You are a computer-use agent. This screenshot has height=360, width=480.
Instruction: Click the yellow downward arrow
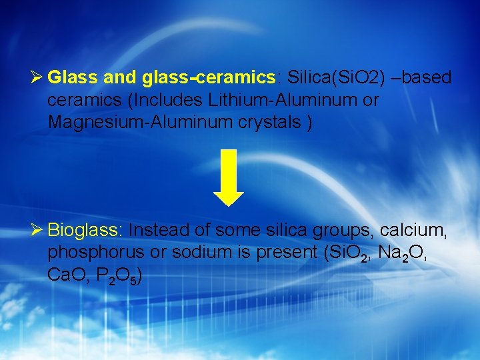229,177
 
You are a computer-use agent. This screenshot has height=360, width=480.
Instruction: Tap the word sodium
199,253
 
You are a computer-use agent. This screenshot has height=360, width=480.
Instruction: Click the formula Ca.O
65,276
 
